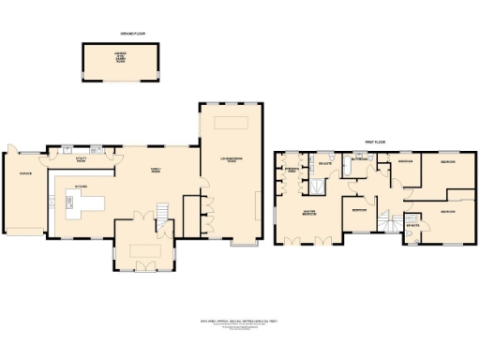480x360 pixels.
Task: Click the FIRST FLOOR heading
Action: coord(376,143)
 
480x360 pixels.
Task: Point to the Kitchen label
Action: coord(82,186)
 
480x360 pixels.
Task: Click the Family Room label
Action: coord(157,171)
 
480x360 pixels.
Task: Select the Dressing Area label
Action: coord(291,171)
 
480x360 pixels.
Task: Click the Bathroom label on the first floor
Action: coord(360,159)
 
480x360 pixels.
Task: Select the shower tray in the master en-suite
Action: coord(319,184)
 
